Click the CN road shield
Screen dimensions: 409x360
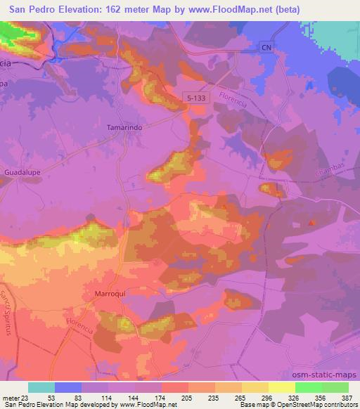click(x=264, y=47)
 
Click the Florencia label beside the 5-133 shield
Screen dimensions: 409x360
click(x=233, y=102)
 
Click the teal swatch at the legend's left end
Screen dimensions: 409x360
click(x=41, y=387)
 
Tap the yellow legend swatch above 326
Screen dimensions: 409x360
click(x=281, y=387)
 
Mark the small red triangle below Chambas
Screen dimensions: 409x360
click(x=313, y=223)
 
